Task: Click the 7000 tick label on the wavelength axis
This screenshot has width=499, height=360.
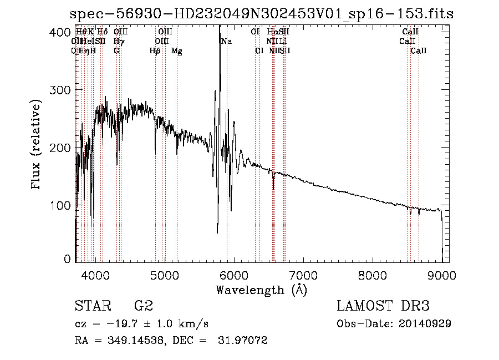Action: pos(303,275)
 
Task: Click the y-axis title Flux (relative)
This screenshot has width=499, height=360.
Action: pos(37,145)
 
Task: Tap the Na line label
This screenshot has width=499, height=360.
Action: pos(226,41)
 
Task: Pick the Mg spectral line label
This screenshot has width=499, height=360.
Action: pos(177,51)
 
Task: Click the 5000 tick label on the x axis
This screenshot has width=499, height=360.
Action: pos(164,275)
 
